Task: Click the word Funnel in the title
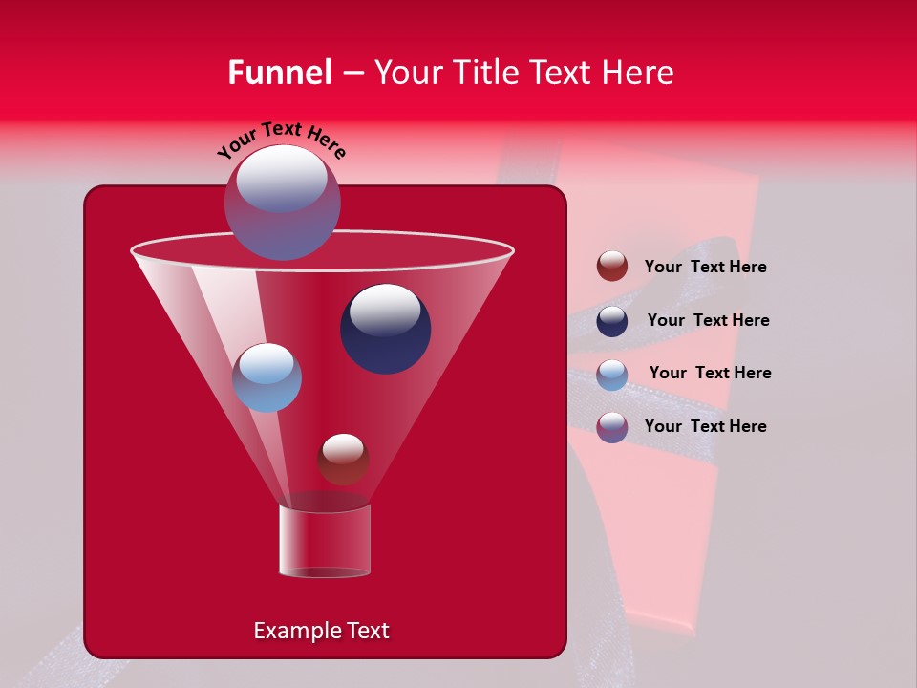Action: coord(280,73)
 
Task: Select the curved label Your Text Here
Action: coord(281,140)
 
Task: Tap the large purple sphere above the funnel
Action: coord(282,202)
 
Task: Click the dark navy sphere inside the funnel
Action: coord(385,329)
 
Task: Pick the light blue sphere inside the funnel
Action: coord(267,377)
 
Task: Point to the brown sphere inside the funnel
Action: coord(343,459)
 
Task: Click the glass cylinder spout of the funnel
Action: coord(324,541)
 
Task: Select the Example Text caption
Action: coord(321,631)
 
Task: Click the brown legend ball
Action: coord(612,267)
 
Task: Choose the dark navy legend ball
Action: coord(612,321)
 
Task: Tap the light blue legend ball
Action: coord(612,375)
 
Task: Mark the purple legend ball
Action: coord(612,427)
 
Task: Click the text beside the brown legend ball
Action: coord(705,268)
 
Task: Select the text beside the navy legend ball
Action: coord(708,321)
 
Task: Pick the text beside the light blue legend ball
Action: coord(710,374)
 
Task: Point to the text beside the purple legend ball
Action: coord(705,426)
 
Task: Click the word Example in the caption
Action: coord(290,631)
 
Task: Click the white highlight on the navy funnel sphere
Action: coord(384,310)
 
